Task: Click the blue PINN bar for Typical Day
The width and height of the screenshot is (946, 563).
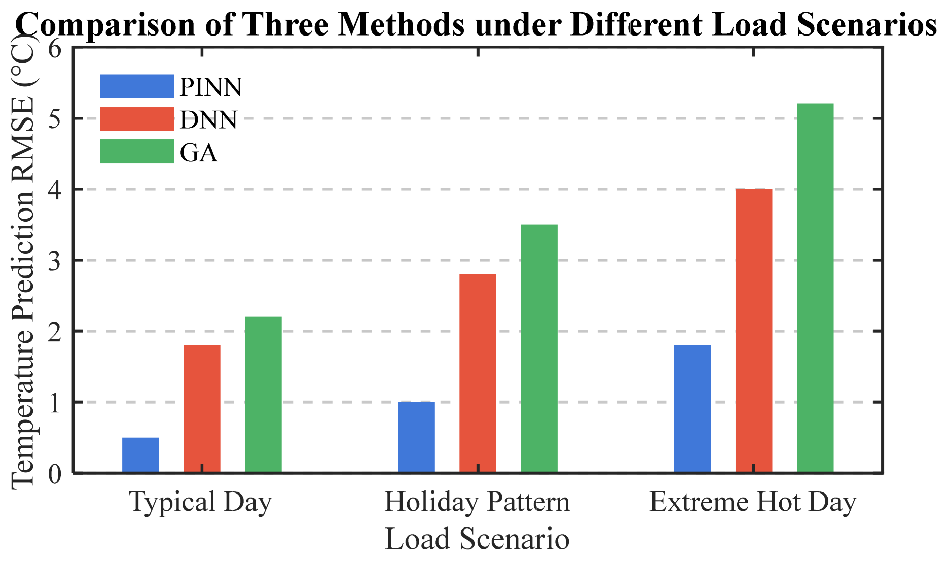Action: [x=140, y=455]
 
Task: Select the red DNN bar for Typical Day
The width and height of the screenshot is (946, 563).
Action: [x=202, y=409]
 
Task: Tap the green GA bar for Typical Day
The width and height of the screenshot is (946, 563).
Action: [x=263, y=395]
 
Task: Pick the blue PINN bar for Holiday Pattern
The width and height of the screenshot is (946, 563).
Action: [x=416, y=437]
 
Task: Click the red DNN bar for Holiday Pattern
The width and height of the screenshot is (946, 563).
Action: [x=478, y=373]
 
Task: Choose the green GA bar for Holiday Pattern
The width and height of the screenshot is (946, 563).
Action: [x=539, y=348]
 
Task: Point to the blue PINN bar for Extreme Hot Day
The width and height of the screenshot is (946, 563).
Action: [x=693, y=409]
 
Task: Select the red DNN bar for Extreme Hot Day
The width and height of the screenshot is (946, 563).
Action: [x=754, y=331]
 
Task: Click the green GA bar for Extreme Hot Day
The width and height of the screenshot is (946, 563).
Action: [x=815, y=288]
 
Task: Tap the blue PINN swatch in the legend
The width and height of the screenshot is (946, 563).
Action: [x=137, y=86]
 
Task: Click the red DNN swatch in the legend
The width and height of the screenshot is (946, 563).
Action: [x=137, y=119]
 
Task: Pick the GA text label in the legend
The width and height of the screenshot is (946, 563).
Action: [x=199, y=152]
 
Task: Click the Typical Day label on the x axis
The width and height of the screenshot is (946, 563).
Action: [x=201, y=502]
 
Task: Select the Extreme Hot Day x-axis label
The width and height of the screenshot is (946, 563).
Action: [x=753, y=502]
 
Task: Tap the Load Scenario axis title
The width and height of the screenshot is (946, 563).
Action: [x=477, y=539]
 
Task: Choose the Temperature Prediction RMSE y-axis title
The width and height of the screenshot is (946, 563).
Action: [x=23, y=264]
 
